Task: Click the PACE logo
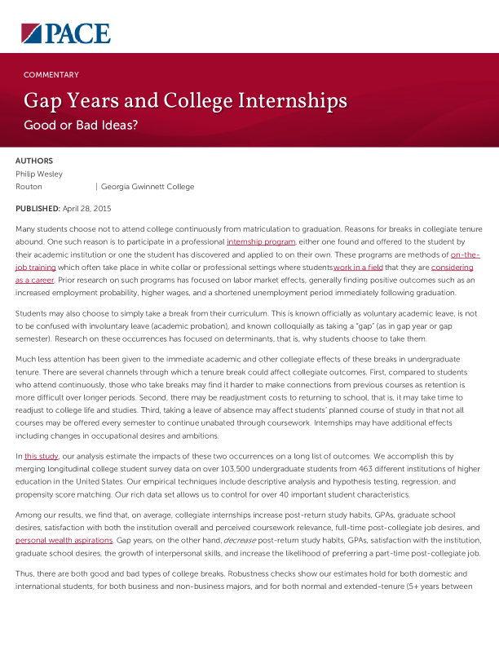[65, 33]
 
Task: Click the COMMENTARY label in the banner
[51, 74]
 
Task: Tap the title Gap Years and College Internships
[185, 101]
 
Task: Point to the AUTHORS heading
[34, 161]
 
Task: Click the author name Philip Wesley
[39, 174]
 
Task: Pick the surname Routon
[29, 187]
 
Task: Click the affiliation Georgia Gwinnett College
[148, 187]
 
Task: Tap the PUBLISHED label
[38, 210]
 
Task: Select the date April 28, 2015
[87, 210]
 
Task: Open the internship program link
[261, 242]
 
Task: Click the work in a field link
[359, 267]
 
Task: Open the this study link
[41, 458]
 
